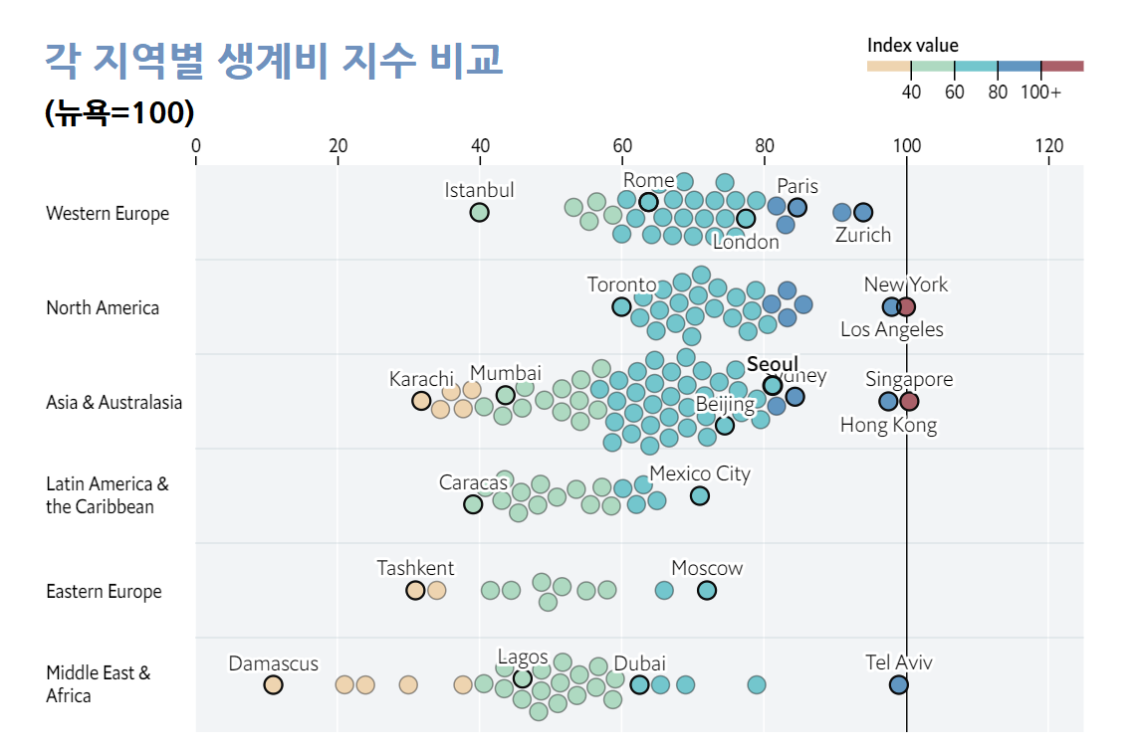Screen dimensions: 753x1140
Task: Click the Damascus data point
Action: pyautogui.click(x=273, y=684)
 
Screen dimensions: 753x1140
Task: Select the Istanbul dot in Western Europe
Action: pyautogui.click(x=479, y=212)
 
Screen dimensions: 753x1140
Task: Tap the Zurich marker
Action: pyautogui.click(x=863, y=212)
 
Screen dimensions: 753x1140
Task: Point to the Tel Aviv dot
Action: pyautogui.click(x=898, y=684)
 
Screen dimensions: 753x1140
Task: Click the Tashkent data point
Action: pyautogui.click(x=415, y=590)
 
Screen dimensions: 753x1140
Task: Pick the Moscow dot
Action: pyautogui.click(x=707, y=590)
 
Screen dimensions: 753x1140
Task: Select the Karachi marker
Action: pyautogui.click(x=421, y=401)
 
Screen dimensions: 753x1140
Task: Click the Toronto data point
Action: pyautogui.click(x=621, y=306)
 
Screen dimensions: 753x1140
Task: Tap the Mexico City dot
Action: pyautogui.click(x=700, y=495)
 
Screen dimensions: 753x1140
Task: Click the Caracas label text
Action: pyautogui.click(x=474, y=482)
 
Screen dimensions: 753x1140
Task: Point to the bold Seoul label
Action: pyautogui.click(x=773, y=364)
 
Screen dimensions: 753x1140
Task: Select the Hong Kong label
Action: pyautogui.click(x=888, y=426)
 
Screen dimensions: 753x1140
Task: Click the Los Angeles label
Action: pyautogui.click(x=891, y=329)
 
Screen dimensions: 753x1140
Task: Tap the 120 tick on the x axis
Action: pyautogui.click(x=1048, y=146)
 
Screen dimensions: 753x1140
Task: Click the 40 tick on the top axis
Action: pyautogui.click(x=480, y=146)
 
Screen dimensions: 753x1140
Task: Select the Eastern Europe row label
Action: pyautogui.click(x=104, y=592)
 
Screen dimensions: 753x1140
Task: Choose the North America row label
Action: pyautogui.click(x=103, y=308)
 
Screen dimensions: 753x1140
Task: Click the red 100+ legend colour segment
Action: pyautogui.click(x=1062, y=67)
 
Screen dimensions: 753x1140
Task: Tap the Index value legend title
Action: pyautogui.click(x=913, y=46)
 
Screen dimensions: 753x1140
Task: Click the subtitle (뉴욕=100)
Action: pyautogui.click(x=119, y=113)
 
